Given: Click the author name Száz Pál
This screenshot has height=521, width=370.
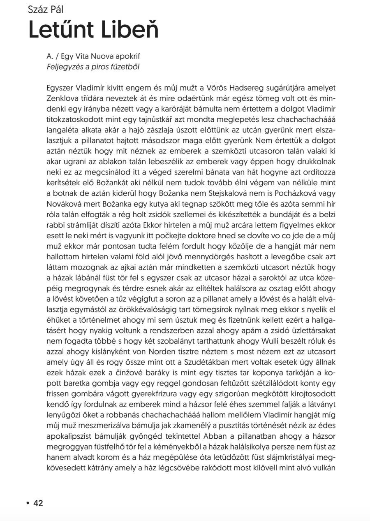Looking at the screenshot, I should [x=46, y=9].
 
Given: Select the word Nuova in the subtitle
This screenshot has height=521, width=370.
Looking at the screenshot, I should [x=96, y=56].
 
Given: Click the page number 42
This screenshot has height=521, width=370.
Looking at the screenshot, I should [x=38, y=503].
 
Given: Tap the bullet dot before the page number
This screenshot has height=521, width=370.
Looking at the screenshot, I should [x=28, y=503].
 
